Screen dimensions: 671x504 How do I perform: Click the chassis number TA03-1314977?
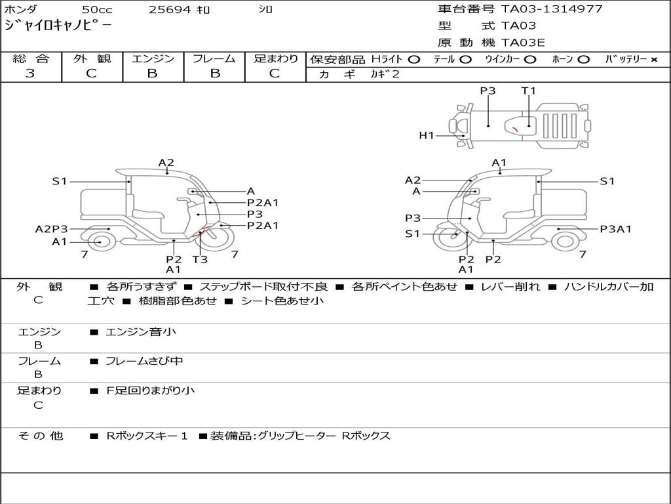tap(551, 9)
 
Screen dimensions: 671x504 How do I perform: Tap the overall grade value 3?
tap(30, 73)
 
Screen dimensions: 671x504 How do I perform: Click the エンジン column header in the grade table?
tap(153, 59)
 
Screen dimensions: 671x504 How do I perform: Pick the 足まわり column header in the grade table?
tap(275, 59)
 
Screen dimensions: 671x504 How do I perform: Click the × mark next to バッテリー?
tap(653, 60)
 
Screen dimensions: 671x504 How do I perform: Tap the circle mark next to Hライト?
tap(413, 60)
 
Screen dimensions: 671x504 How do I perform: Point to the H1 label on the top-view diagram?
tap(427, 136)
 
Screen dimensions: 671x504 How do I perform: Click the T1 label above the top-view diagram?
tap(528, 91)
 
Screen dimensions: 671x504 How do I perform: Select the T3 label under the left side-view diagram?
tap(200, 259)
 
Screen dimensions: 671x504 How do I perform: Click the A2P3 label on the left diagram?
tap(51, 229)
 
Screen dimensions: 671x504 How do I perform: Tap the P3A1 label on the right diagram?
tap(615, 229)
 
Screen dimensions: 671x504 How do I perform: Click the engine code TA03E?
tap(523, 43)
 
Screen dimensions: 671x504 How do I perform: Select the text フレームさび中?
tap(144, 361)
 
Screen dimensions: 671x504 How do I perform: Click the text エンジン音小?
tap(141, 332)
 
